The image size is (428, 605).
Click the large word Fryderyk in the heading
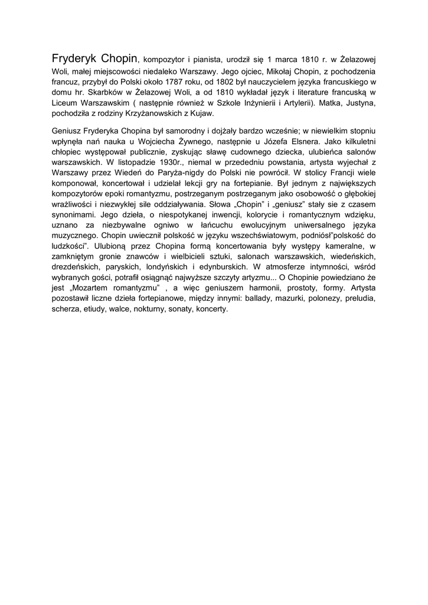(74, 59)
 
